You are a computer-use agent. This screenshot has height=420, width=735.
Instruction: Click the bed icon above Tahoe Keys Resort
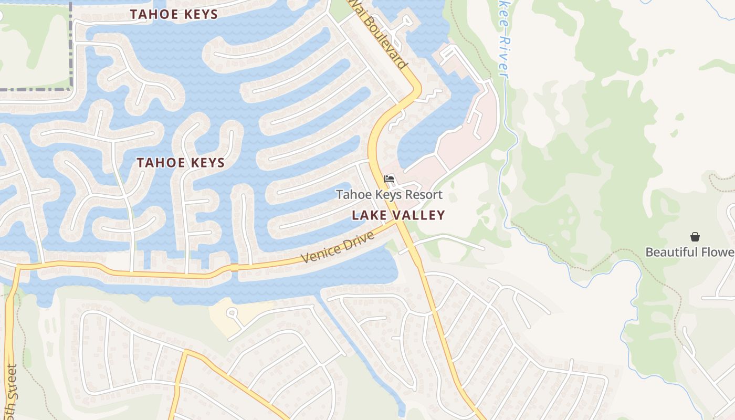389,179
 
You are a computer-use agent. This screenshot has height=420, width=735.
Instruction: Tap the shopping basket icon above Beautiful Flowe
695,237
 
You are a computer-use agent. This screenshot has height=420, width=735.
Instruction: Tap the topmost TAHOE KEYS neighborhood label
174,14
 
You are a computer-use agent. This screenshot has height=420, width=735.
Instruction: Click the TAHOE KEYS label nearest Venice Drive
181,163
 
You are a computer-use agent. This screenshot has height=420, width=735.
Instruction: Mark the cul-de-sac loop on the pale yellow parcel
232,313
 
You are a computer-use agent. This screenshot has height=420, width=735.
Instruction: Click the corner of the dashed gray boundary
70,89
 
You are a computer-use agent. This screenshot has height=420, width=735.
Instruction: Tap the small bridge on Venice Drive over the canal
234,268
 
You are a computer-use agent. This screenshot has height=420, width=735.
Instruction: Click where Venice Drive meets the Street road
17,267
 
